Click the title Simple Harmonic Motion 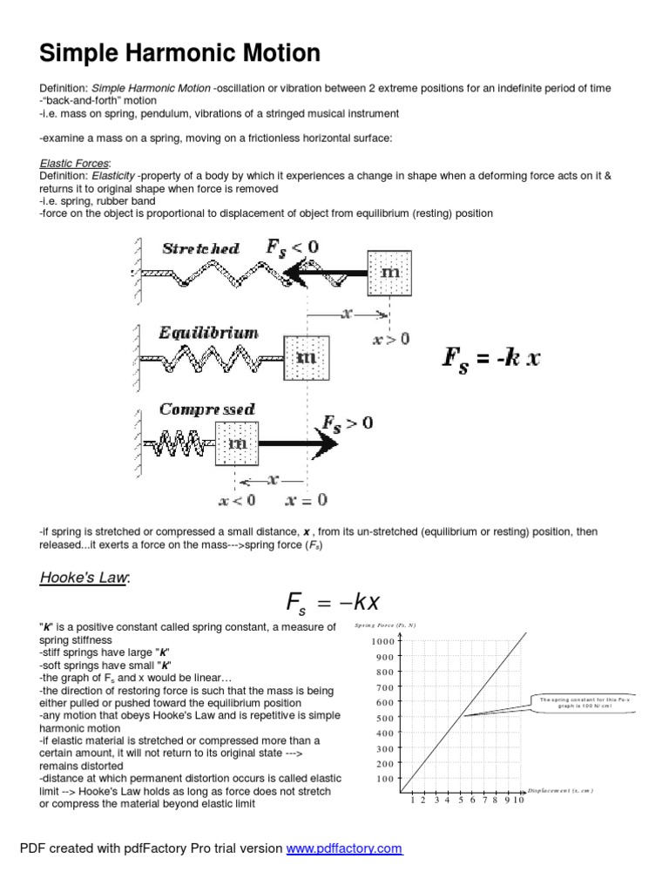pos(180,54)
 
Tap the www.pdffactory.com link pos(345,848)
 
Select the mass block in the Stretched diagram pos(390,273)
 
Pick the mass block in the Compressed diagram pos(237,443)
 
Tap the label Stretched pos(200,248)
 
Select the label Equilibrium pos(208,333)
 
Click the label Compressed pos(206,409)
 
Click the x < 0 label pos(237,500)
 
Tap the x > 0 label pos(391,340)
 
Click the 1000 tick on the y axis pos(382,642)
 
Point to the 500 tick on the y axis pos(384,719)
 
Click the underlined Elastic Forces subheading pos(75,163)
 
